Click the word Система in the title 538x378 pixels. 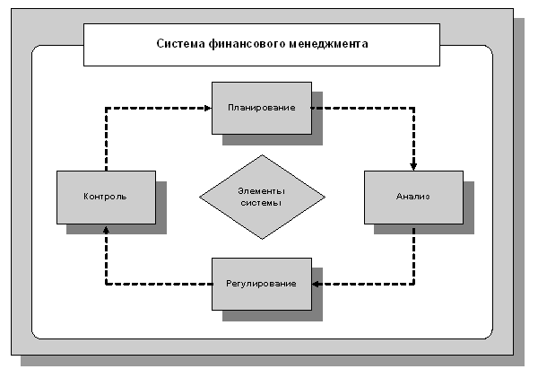[180, 43]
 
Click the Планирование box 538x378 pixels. [262, 108]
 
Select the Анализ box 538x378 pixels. [413, 197]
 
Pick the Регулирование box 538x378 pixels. [262, 284]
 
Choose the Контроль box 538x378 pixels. [106, 197]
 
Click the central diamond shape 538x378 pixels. [262, 197]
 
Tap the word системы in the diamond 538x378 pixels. [262, 204]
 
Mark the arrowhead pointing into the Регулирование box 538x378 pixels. [317, 284]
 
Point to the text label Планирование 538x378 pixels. [262, 108]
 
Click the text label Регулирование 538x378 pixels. [262, 284]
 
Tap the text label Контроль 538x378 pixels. [105, 197]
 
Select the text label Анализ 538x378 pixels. [413, 197]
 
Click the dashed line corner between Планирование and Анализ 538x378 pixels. [413, 108]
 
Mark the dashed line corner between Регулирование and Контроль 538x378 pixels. [106, 284]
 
